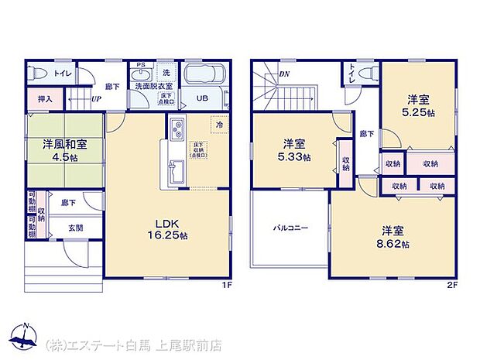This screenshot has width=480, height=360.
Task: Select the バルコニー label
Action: tap(290, 228)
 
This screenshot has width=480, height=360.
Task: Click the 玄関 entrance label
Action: tap(75, 228)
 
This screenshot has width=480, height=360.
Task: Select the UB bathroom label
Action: tap(201, 98)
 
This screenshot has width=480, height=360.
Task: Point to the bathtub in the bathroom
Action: tap(205, 76)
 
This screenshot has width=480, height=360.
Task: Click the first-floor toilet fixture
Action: tap(40, 74)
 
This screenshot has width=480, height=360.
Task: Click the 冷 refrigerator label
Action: tap(219, 125)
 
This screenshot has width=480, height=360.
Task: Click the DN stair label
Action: tap(283, 74)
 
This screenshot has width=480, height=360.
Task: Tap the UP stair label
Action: tap(96, 100)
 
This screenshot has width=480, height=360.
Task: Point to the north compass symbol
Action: tap(25, 335)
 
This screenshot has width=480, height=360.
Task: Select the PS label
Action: tap(140, 65)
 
